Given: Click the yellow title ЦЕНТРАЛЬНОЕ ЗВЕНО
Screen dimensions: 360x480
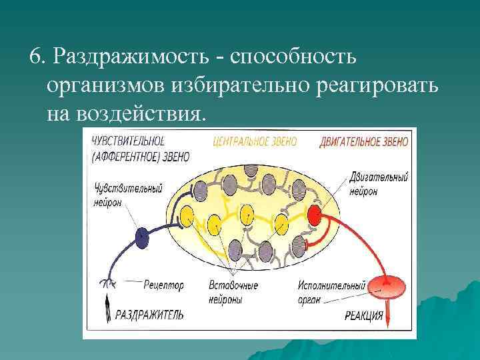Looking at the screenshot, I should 255,141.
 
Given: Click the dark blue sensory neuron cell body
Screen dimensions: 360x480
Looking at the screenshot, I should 141,235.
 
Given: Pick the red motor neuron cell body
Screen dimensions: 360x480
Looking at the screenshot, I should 315,215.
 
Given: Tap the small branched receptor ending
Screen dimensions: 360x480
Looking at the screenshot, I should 106,284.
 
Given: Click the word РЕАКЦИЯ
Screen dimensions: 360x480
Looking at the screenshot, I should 363,315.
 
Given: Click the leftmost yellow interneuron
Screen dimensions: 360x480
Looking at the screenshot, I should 187,215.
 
